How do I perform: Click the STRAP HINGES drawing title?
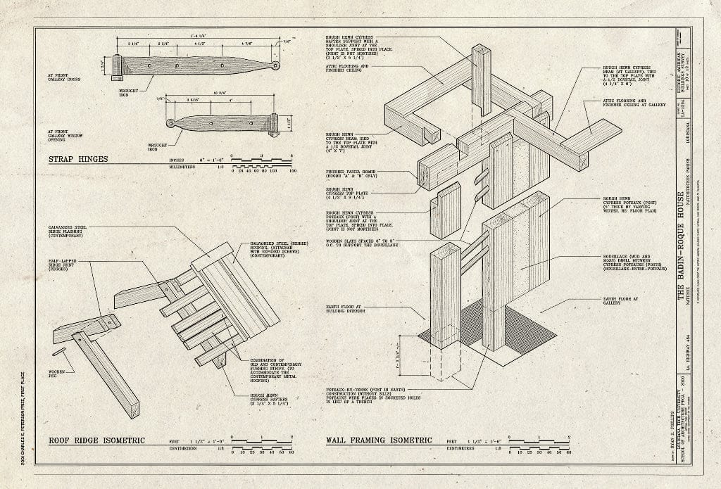point(77,158)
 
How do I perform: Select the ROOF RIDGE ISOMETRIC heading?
point(96,440)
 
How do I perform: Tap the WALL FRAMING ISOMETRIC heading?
point(378,440)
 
